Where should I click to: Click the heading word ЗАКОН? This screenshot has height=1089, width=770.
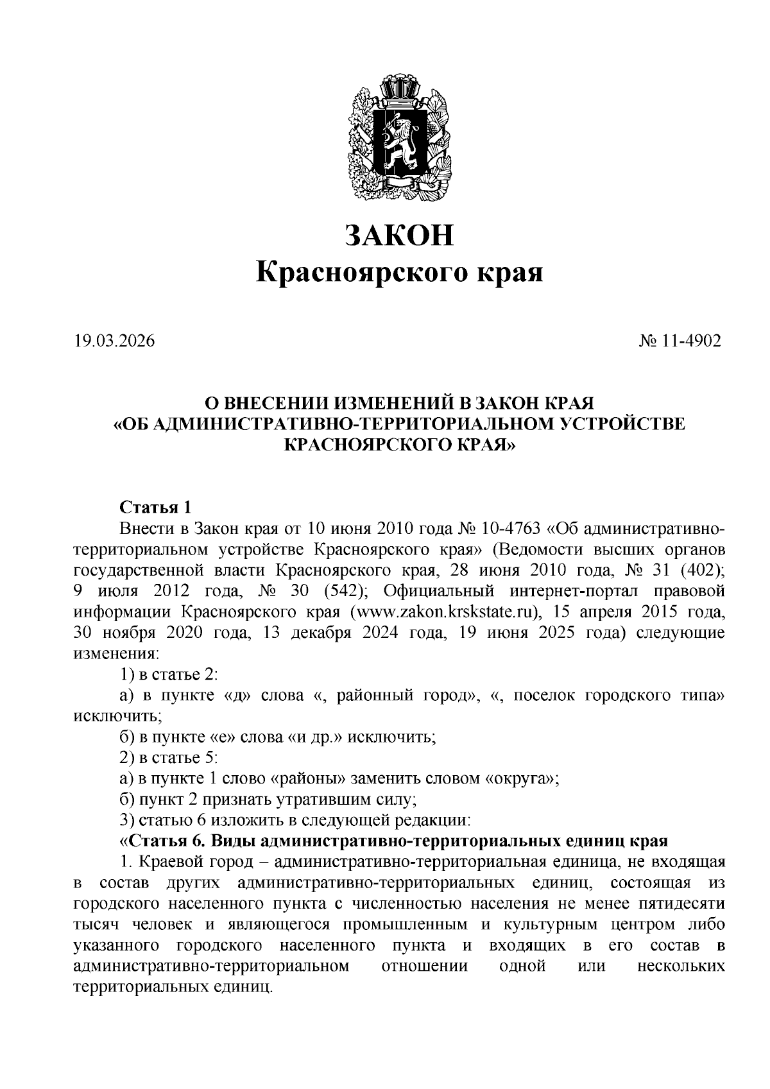point(399,235)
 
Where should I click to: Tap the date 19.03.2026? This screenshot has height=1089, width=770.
point(115,341)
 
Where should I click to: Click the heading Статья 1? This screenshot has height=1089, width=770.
point(155,507)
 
